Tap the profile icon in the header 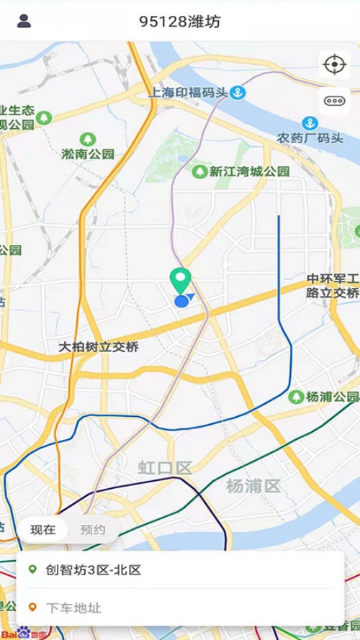click(24, 21)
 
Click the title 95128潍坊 click(180, 22)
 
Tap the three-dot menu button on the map click(335, 101)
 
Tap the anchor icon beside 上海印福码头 click(238, 92)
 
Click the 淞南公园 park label click(88, 153)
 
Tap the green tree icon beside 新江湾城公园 click(199, 171)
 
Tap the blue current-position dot click(181, 300)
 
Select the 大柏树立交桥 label click(99, 346)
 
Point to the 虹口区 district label click(165, 468)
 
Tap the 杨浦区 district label click(253, 486)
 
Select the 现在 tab click(42, 530)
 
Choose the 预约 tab click(93, 530)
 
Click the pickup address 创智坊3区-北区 click(94, 570)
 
